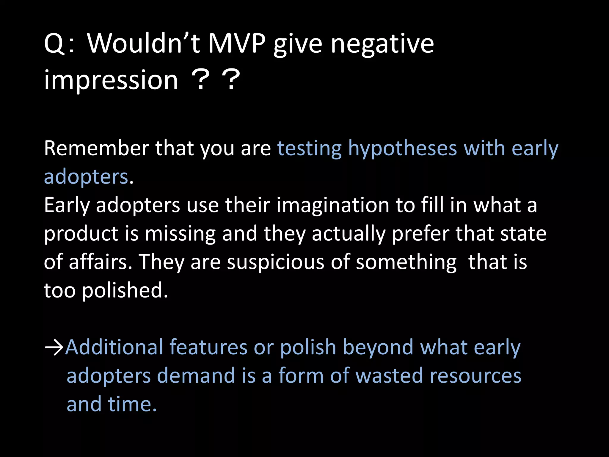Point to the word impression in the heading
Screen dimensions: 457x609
pos(111,80)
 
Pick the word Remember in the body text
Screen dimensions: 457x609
pos(97,148)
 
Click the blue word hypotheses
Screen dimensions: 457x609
pos(402,148)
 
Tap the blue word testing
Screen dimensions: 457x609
pos(309,148)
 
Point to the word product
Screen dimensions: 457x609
pos(81,234)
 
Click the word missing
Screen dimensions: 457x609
pos(180,234)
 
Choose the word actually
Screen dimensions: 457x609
pos(348,234)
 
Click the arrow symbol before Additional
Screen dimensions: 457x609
pos(54,347)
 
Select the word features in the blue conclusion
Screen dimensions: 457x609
pos(208,347)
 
